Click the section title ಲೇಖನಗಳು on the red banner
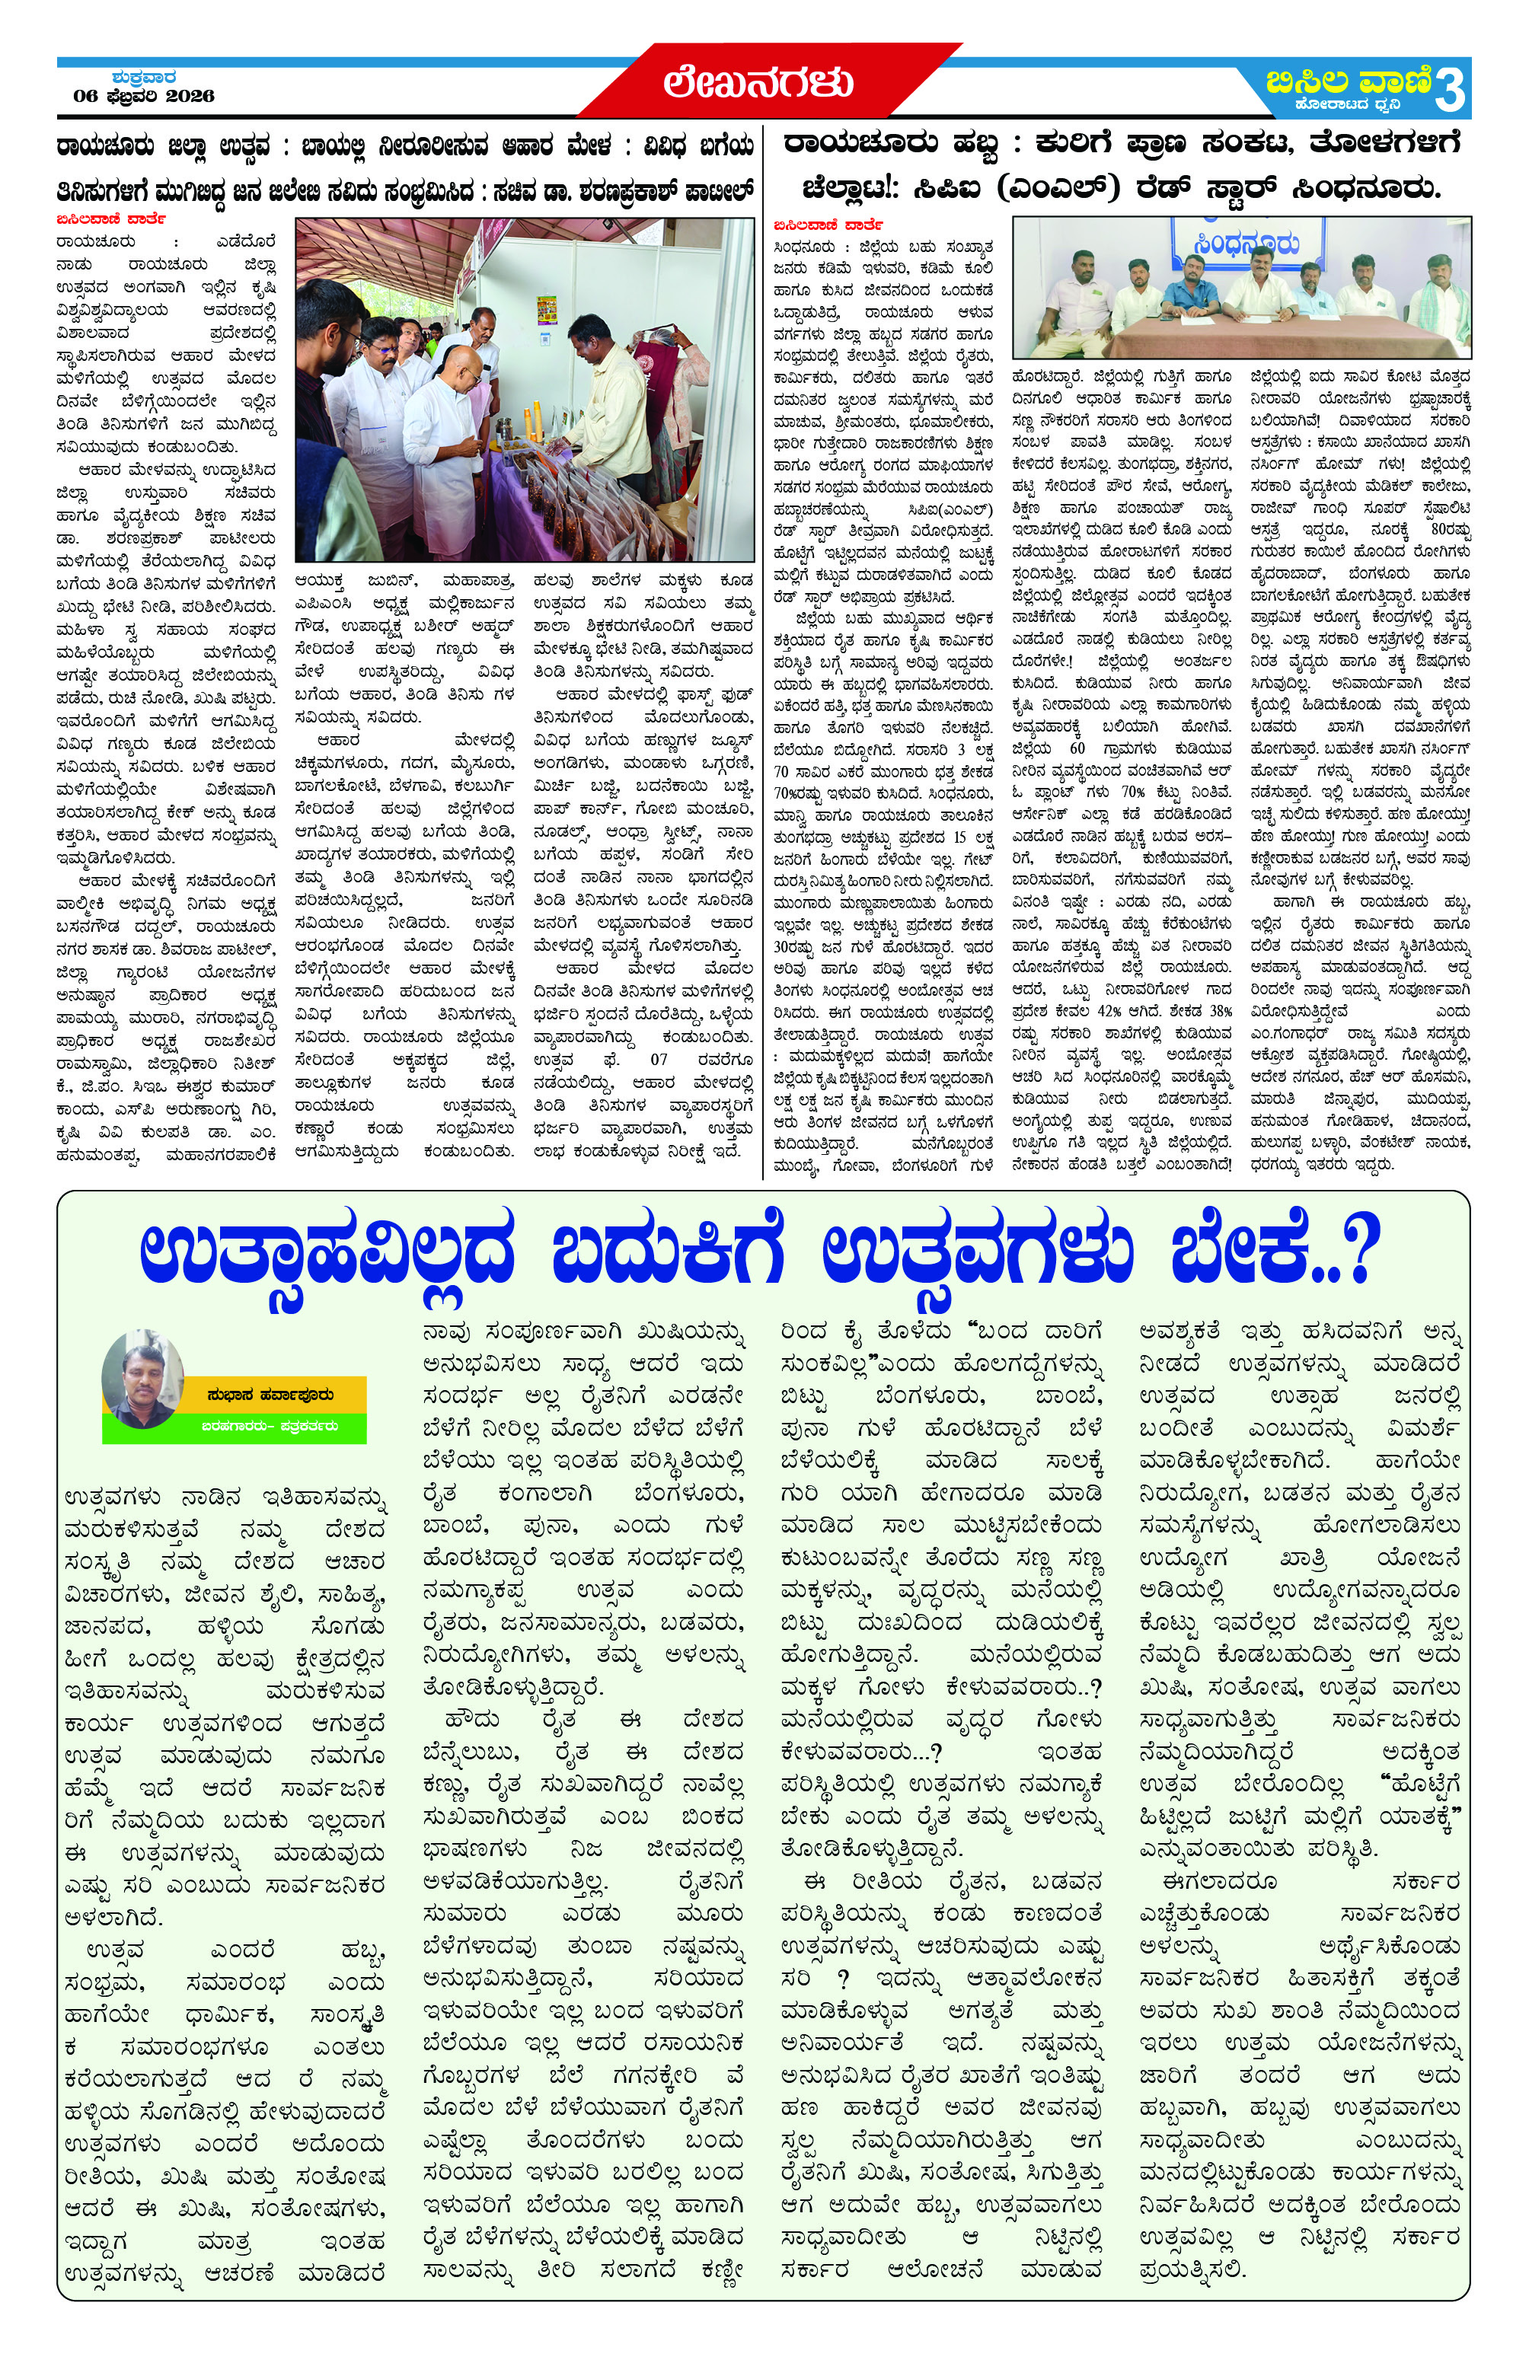758,81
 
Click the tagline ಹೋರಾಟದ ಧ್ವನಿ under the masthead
1351,105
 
